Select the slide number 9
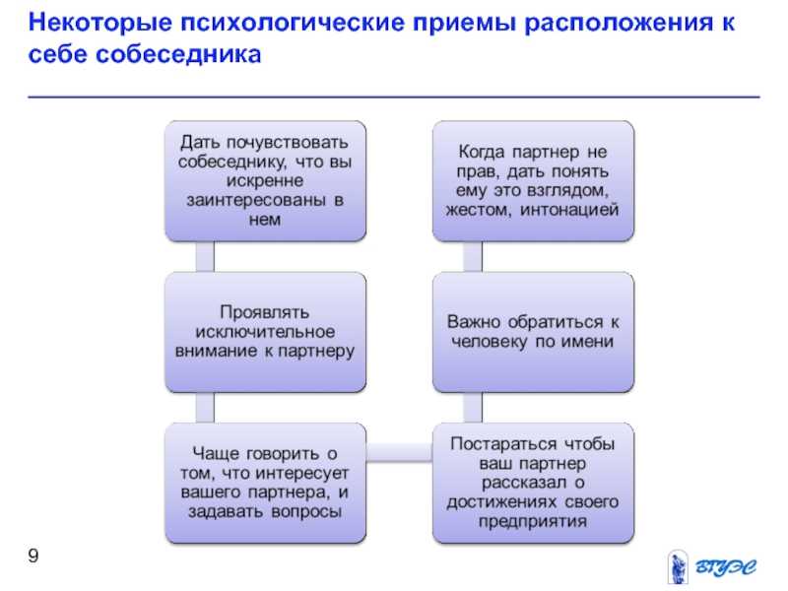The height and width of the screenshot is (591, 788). (33, 556)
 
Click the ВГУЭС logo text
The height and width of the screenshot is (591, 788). (725, 567)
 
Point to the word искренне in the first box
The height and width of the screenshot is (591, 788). (264, 180)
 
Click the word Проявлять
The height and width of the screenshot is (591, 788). (264, 312)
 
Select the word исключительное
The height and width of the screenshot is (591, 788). (265, 332)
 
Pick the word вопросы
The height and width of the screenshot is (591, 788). (306, 511)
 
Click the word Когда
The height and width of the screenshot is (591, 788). (482, 152)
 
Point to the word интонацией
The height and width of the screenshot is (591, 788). (569, 210)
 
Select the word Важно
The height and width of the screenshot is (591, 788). (475, 322)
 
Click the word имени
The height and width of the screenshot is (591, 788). (587, 342)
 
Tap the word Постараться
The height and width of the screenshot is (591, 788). (504, 444)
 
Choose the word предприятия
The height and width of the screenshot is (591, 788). (532, 521)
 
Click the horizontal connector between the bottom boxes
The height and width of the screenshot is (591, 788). (399, 452)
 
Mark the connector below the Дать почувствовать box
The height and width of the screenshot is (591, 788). (205, 257)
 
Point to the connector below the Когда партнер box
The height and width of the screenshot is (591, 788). (473, 257)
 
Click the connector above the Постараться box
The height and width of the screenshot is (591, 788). (473, 408)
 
